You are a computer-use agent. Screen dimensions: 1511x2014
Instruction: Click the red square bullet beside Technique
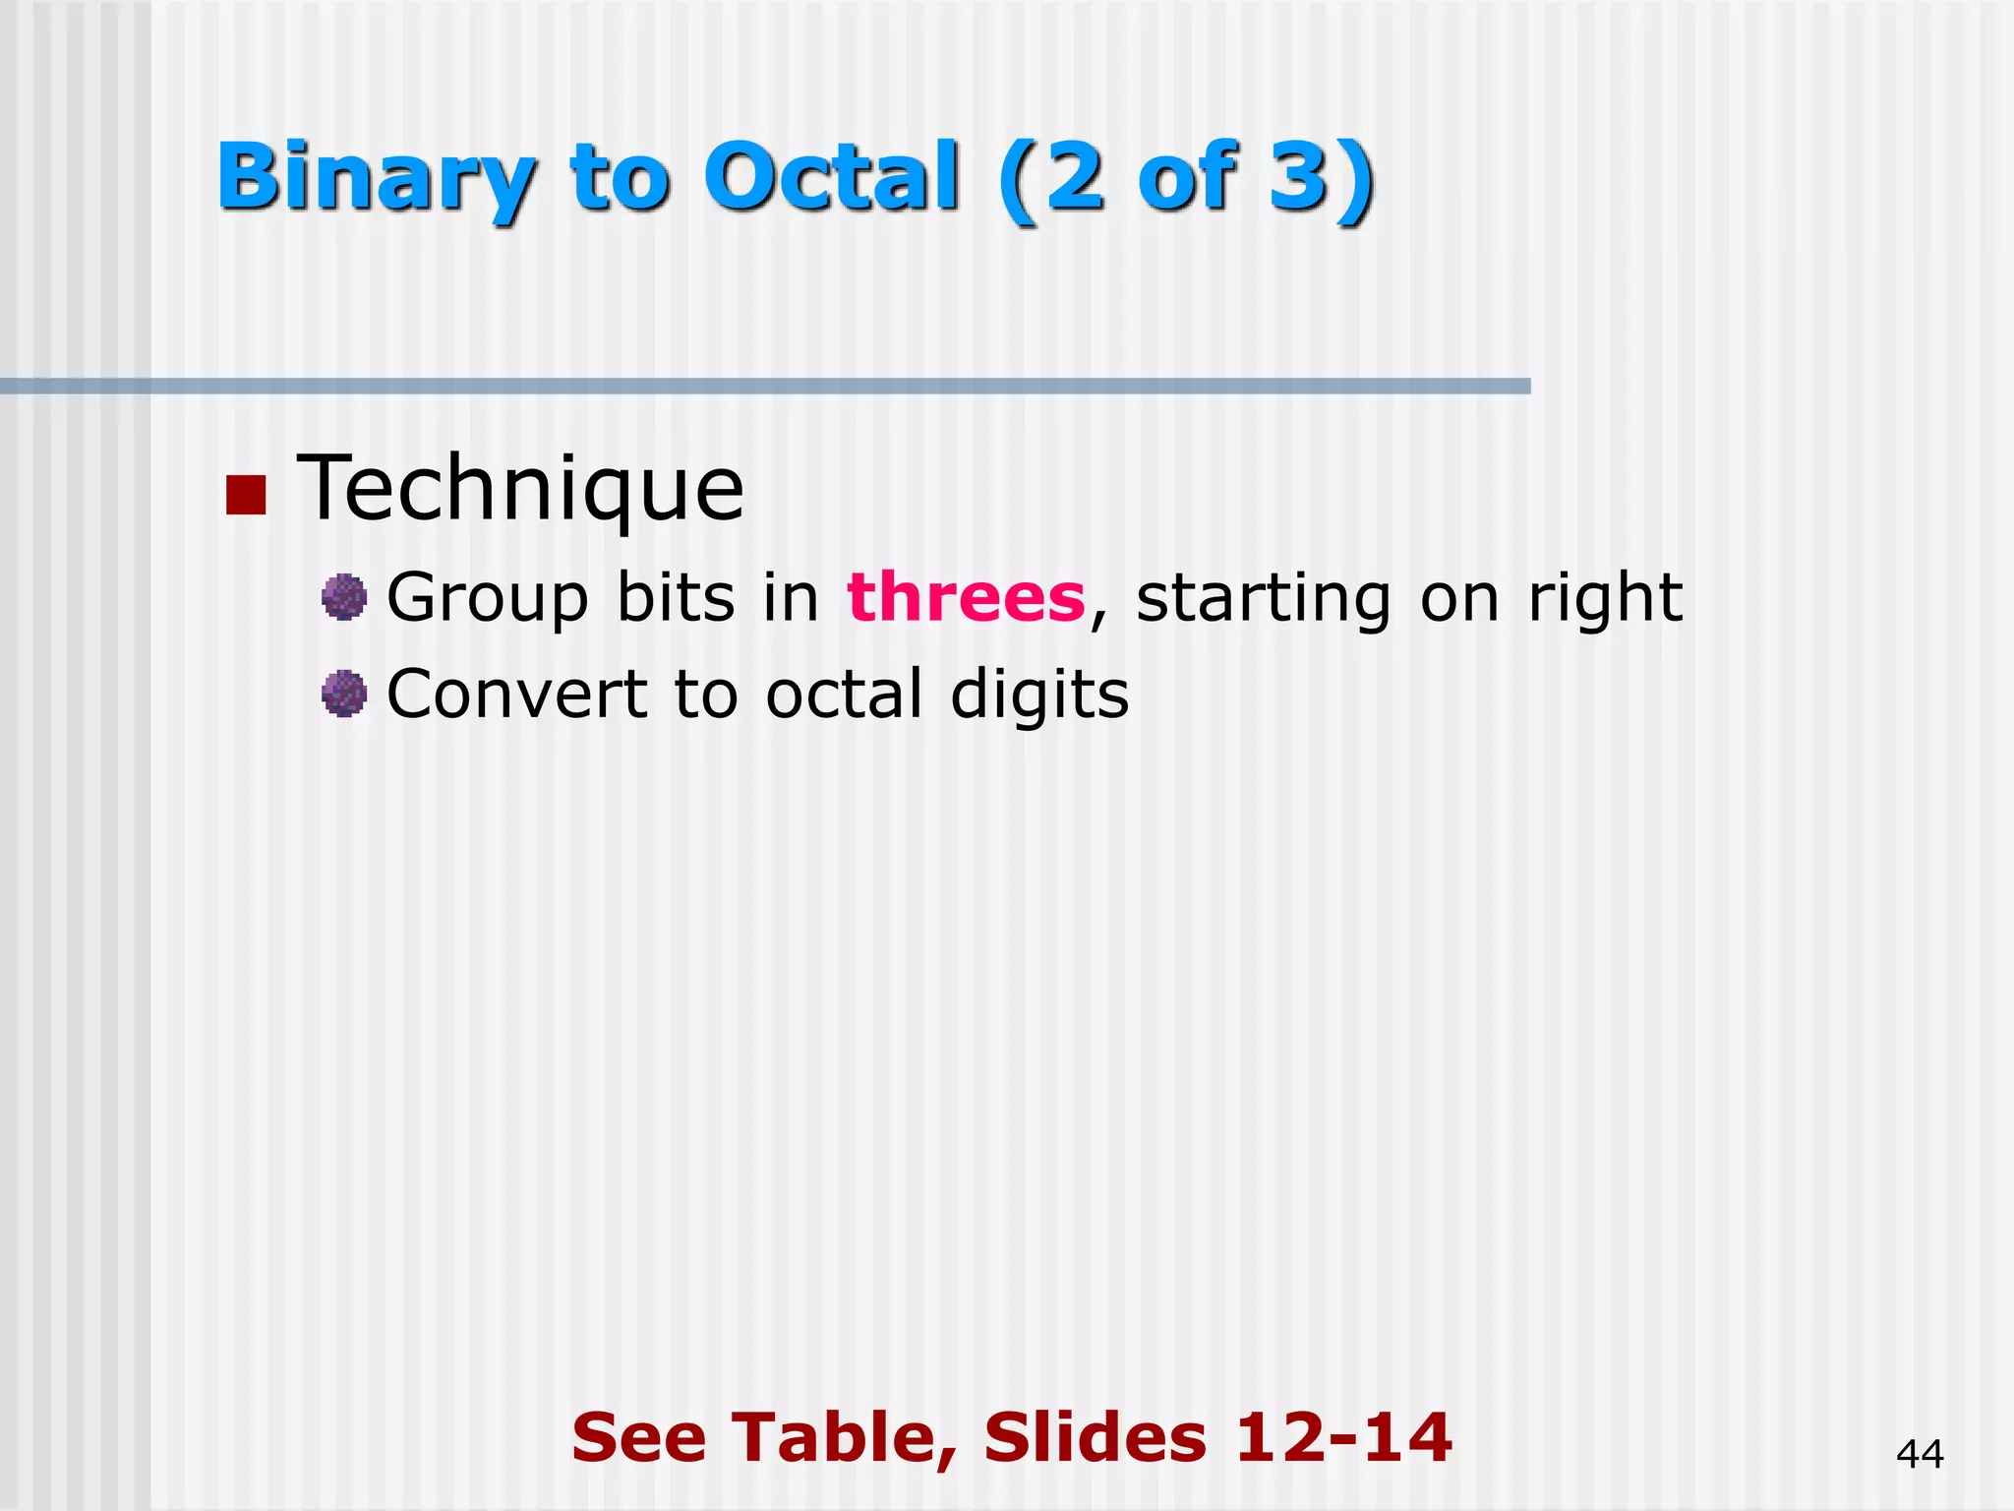[x=246, y=496]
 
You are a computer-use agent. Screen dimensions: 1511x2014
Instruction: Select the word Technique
[x=520, y=489]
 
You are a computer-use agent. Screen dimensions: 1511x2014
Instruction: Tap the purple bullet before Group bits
[x=344, y=597]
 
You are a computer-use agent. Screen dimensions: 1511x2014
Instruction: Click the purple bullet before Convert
[x=344, y=695]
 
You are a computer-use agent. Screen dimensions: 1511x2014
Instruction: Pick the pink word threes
[x=966, y=597]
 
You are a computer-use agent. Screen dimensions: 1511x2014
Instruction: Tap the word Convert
[x=516, y=695]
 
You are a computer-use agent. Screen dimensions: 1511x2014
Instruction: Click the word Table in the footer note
[x=845, y=1438]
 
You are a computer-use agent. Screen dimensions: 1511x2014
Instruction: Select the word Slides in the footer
[x=1095, y=1437]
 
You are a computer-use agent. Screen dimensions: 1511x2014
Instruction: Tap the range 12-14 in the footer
[x=1343, y=1437]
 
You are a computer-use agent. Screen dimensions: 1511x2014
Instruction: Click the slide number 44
[x=1920, y=1454]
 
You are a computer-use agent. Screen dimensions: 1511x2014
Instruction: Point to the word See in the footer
[x=639, y=1437]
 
